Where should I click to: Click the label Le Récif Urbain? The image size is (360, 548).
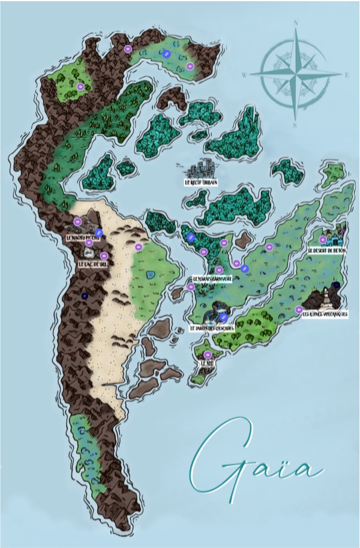[201, 181]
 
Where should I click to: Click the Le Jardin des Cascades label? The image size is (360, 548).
[211, 329]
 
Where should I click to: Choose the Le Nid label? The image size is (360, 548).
[208, 363]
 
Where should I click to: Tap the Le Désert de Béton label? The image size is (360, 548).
[326, 251]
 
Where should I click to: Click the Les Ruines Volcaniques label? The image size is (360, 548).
[325, 314]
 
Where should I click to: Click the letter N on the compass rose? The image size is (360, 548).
[296, 24]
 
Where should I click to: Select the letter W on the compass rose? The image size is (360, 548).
[244, 75]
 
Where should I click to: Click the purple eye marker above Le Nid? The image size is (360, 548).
[208, 354]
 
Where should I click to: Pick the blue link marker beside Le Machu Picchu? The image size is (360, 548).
[100, 233]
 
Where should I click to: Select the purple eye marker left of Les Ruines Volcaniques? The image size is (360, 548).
[299, 309]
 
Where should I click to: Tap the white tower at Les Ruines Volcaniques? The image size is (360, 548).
[326, 297]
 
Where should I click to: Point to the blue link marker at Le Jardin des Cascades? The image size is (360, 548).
[223, 317]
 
